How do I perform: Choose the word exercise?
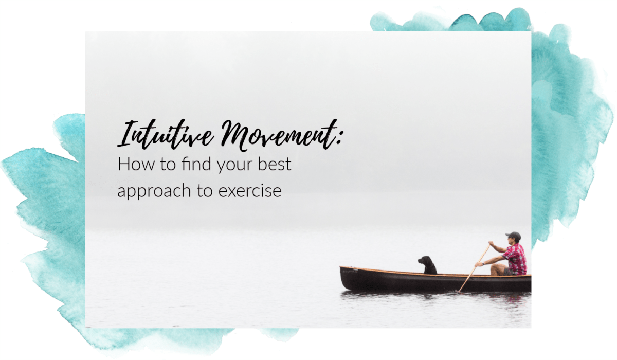[x=249, y=191]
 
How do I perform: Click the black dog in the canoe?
[x=427, y=265]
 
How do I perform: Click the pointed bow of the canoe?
[x=342, y=269]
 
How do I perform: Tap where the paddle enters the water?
[x=458, y=291]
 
